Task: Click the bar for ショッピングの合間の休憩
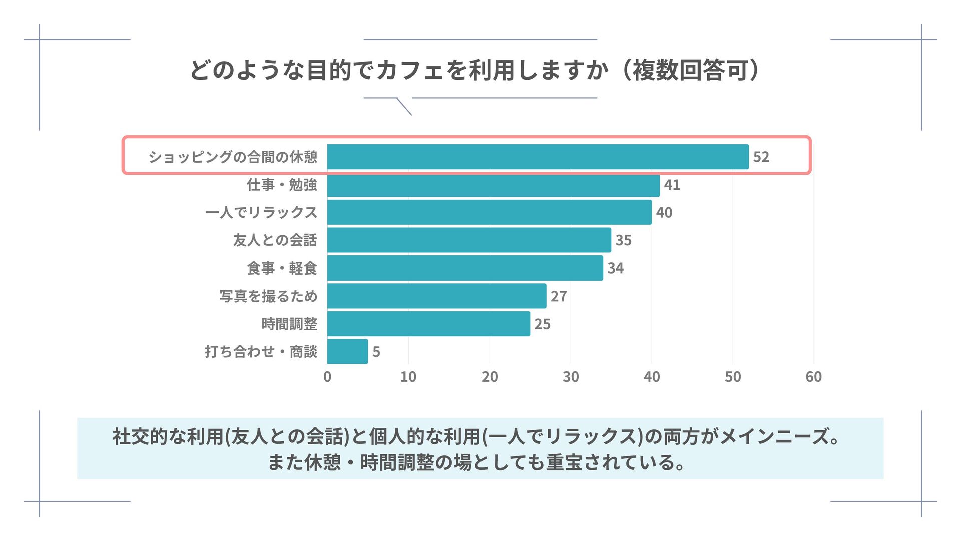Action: pyautogui.click(x=538, y=157)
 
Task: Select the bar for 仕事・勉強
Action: pyautogui.click(x=494, y=185)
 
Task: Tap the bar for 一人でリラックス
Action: pyautogui.click(x=490, y=212)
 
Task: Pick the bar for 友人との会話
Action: pyautogui.click(x=469, y=240)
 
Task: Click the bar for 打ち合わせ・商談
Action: pyautogui.click(x=347, y=351)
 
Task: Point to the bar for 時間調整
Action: pyautogui.click(x=428, y=324)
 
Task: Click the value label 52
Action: pyautogui.click(x=761, y=157)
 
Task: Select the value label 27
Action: pyautogui.click(x=558, y=296)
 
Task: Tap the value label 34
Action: pyautogui.click(x=615, y=268)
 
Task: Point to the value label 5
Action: pyautogui.click(x=376, y=352)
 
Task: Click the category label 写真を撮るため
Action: pyautogui.click(x=268, y=296)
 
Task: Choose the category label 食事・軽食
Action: pyautogui.click(x=282, y=268)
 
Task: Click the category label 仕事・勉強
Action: pyautogui.click(x=282, y=185)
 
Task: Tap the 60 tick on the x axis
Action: pyautogui.click(x=813, y=377)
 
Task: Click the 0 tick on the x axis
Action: pyautogui.click(x=327, y=377)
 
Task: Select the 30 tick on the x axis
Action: pyautogui.click(x=571, y=377)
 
